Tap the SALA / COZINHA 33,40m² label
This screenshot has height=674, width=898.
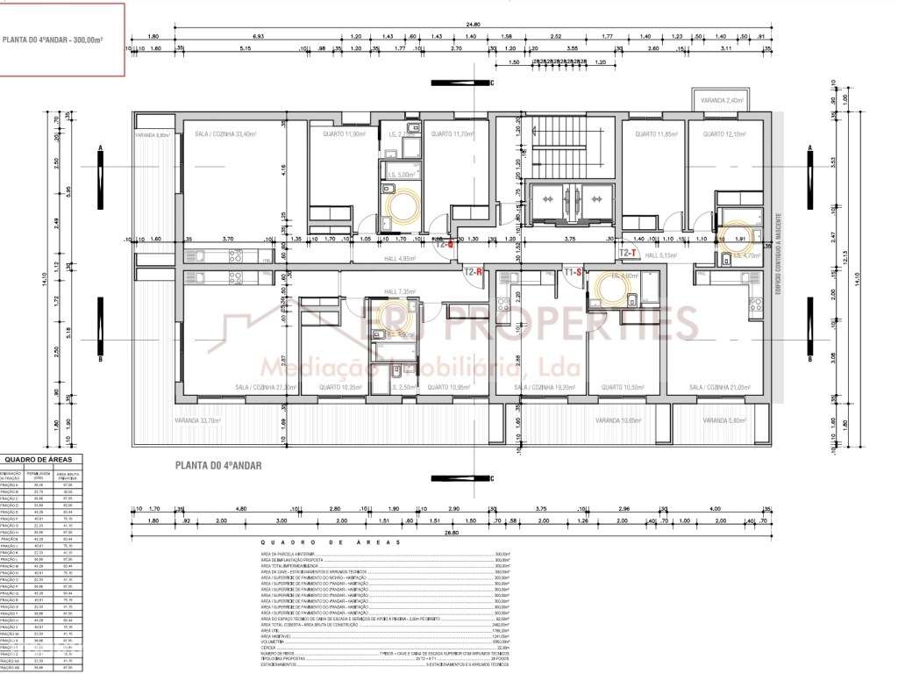[x=225, y=134]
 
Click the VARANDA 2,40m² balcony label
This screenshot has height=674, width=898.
[x=722, y=101]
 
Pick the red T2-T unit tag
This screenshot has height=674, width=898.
[x=628, y=253]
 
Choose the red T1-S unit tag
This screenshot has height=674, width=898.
[x=574, y=272]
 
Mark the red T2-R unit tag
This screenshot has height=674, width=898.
[x=474, y=272]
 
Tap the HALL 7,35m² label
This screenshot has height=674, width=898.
[x=398, y=291]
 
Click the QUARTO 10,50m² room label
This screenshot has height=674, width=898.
[x=619, y=387]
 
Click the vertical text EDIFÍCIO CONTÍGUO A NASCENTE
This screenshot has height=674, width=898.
[x=776, y=255]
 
